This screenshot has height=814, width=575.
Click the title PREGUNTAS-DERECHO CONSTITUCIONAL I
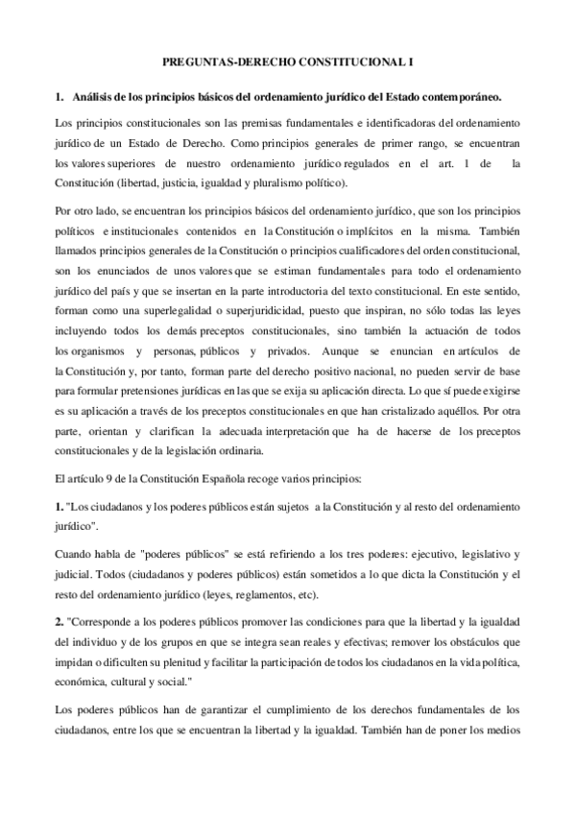pyautogui.click(x=287, y=60)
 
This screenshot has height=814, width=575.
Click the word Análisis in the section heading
pyautogui.click(x=95, y=97)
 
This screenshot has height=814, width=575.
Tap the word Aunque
pyautogui.click(x=342, y=350)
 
